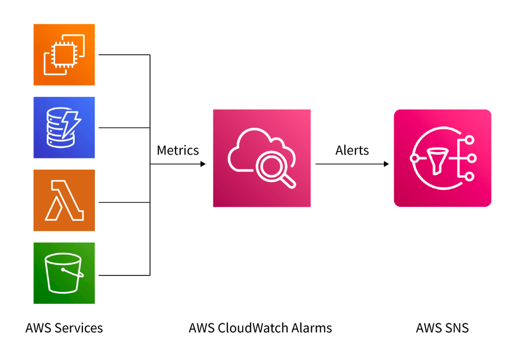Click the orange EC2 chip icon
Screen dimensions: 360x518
[64, 55]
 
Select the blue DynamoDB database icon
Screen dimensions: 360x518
[64, 127]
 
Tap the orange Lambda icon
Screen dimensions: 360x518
[64, 200]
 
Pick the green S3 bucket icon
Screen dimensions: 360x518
[64, 273]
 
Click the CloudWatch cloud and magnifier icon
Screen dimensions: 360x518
[262, 158]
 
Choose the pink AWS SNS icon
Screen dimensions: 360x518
[442, 158]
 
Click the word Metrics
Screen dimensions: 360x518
[178, 150]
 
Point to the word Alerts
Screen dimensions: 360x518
[352, 150]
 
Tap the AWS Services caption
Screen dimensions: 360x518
[64, 328]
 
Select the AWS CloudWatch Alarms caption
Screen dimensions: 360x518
[260, 328]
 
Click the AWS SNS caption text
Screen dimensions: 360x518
[442, 328]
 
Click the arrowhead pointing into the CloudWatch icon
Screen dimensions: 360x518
[203, 164]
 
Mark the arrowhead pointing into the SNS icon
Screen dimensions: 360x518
[386, 164]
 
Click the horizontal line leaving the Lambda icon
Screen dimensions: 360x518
[124, 203]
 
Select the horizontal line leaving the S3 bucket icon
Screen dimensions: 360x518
[124, 275]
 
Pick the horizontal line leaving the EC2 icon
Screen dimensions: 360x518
[124, 55]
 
